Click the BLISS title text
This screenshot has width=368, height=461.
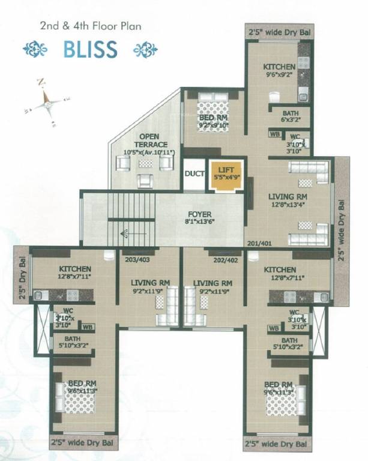(x=90, y=49)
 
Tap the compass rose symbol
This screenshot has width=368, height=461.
(x=45, y=104)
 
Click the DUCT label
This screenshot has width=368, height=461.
(x=195, y=175)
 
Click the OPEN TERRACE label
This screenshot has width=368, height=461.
(x=145, y=141)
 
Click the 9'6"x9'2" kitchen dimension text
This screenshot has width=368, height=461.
(x=279, y=75)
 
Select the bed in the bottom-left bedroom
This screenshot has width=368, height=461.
(x=73, y=397)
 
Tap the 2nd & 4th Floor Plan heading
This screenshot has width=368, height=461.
(x=91, y=26)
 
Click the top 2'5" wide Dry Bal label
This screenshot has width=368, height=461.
(x=280, y=31)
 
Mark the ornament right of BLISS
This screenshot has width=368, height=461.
(x=145, y=50)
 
